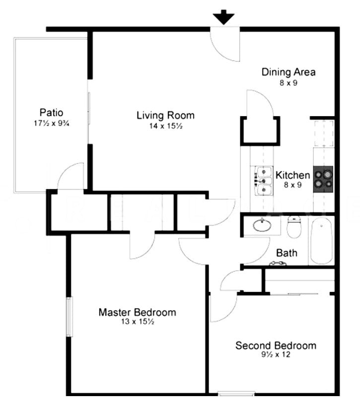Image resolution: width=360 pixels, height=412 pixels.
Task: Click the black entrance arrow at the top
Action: pos(224,17)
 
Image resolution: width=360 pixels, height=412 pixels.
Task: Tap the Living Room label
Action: pos(165,116)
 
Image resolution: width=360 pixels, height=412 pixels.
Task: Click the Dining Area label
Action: pos(288,72)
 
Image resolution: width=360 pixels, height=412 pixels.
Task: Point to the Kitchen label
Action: pos(292,175)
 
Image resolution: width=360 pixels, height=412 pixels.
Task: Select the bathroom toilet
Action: pos(295,227)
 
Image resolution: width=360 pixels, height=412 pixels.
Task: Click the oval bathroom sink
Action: pos(262,226)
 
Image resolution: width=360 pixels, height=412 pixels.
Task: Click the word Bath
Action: pos(287,253)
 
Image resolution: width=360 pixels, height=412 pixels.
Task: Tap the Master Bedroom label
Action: pos(137,312)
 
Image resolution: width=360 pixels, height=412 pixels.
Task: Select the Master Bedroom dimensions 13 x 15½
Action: pos(137,322)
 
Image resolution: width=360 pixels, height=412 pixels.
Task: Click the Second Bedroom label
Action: pos(276,345)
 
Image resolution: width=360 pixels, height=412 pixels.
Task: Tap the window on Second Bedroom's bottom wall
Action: pos(235,395)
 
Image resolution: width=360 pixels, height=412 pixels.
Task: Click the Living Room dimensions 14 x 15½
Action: pos(165,126)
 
